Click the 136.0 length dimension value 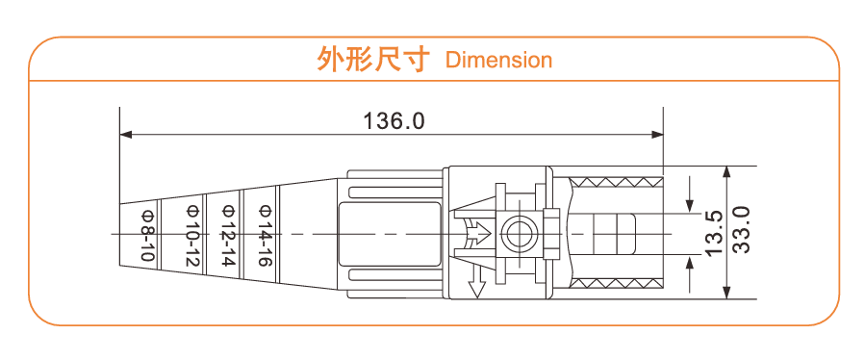[394, 121]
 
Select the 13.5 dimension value [713, 232]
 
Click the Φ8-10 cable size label [147, 235]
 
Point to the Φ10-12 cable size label [191, 235]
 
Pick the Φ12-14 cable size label [228, 235]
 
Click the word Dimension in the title [499, 60]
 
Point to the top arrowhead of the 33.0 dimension [727, 172]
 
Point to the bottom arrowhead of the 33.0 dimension [727, 292]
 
